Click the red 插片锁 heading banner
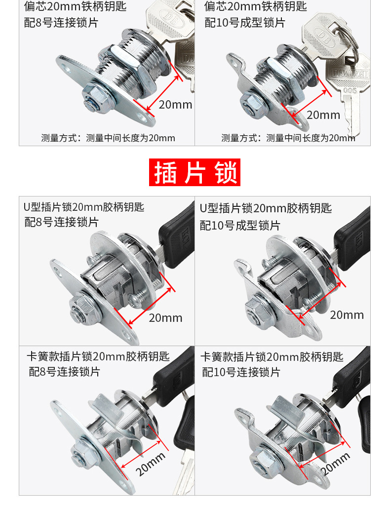point(195,172)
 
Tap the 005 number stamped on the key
point(350,90)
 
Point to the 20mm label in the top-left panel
point(175,105)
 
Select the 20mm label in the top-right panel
point(323,115)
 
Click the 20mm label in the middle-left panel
point(165,318)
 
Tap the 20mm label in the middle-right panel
point(347,315)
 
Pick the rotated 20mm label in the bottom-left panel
point(151,464)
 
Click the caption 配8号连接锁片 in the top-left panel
point(61,23)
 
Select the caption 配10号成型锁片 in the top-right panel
point(245,23)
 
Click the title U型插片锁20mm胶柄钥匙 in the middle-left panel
point(84,207)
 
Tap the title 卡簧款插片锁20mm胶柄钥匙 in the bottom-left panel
point(98,356)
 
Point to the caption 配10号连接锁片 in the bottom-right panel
point(241,372)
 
